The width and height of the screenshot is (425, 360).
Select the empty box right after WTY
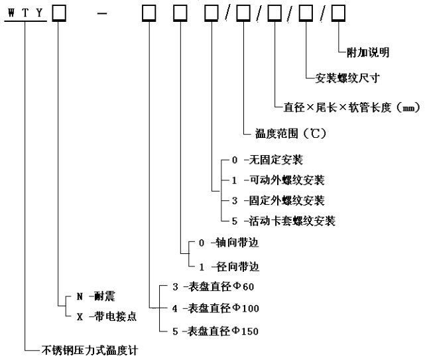(58, 13)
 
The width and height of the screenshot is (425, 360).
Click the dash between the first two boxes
(101, 13)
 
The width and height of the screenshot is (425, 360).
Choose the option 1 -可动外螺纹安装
(277, 180)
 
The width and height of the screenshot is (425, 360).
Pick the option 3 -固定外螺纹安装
(277, 200)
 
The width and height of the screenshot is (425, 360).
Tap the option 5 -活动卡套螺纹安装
(282, 221)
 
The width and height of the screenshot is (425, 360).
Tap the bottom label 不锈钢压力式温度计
(88, 349)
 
